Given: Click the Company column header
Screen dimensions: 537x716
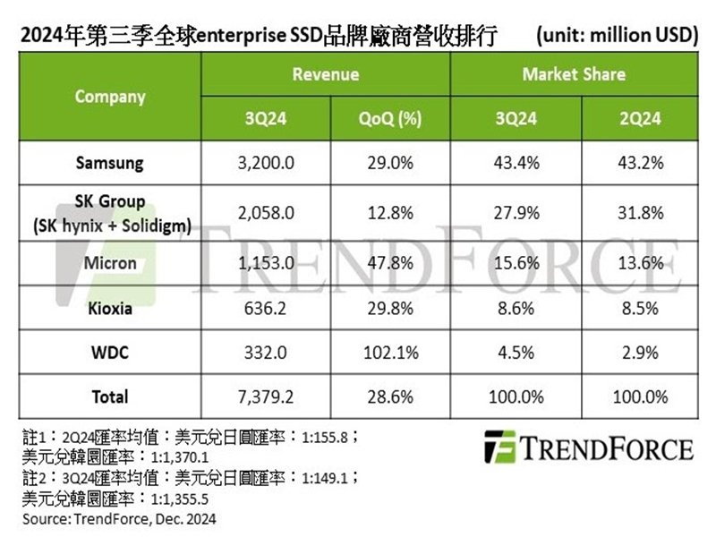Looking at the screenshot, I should (110, 97).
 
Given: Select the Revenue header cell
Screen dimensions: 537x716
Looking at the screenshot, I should (326, 74).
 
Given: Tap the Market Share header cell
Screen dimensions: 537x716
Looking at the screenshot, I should (574, 74).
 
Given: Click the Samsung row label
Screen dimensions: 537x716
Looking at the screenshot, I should (110, 164).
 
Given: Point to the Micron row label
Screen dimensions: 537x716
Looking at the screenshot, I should (110, 263).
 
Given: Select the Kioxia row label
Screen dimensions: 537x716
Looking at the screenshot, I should (110, 308).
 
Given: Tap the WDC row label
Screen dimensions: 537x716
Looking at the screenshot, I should (110, 353).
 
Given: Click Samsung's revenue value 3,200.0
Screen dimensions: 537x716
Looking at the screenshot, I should (264, 164).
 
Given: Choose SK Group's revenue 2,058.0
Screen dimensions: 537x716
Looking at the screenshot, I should (264, 213).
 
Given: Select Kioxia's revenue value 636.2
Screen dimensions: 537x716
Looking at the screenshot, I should (264, 308).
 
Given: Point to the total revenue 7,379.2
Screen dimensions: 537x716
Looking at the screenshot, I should (264, 396).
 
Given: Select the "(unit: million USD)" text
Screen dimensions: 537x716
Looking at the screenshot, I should (617, 36).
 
